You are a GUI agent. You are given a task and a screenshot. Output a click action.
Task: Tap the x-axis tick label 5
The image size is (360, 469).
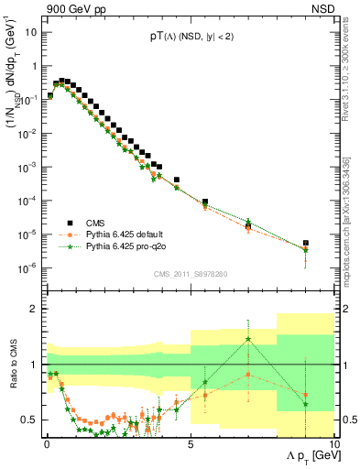[190, 442]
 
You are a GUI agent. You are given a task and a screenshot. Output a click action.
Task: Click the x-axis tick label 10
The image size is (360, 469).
[333, 442]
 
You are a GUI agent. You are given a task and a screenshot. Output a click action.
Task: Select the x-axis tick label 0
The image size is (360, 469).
[47, 442]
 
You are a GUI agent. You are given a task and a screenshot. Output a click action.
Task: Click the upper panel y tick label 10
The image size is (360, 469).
[30, 32]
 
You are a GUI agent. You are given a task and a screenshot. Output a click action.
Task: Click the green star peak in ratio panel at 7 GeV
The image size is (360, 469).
[248, 339]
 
